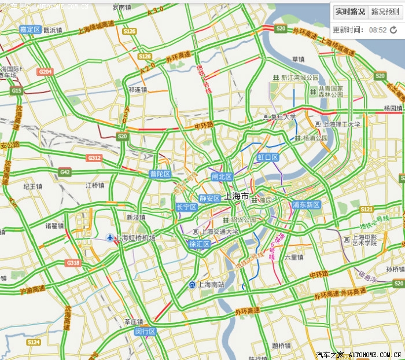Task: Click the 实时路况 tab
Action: click(x=350, y=12)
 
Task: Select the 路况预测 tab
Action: click(x=385, y=12)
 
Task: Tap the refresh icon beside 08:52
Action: click(x=393, y=30)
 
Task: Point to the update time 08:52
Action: click(x=377, y=30)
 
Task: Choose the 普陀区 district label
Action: click(x=160, y=174)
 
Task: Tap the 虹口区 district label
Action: click(x=268, y=157)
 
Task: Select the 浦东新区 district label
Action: click(x=306, y=204)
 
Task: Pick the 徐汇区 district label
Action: click(x=200, y=244)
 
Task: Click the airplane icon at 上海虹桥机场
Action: click(x=111, y=237)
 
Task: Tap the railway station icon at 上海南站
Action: click(x=192, y=284)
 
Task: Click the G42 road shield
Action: click(x=64, y=172)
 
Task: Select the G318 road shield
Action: click(x=73, y=263)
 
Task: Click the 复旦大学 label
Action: click(x=280, y=117)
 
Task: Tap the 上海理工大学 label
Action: click(x=341, y=124)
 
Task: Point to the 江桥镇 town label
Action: click(x=94, y=185)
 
